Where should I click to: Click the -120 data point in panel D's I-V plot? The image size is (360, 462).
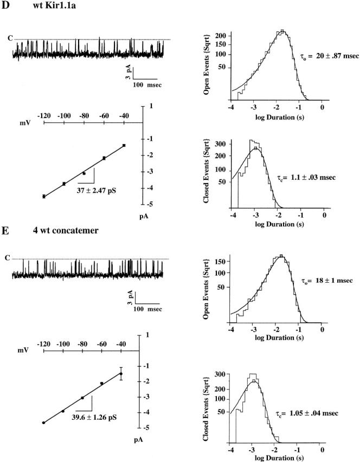[x=44, y=196]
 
